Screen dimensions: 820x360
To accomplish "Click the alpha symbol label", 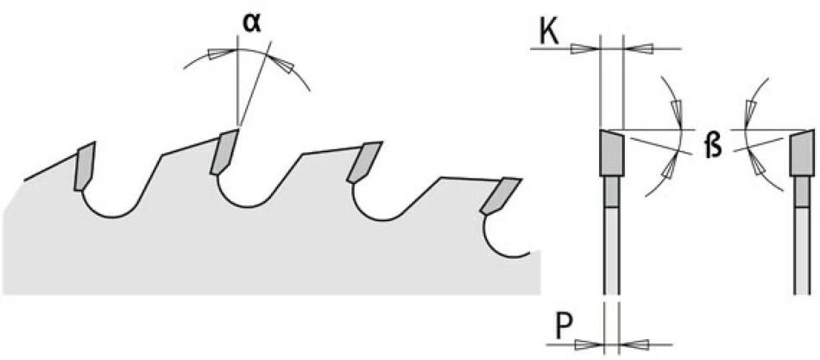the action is click(253, 24).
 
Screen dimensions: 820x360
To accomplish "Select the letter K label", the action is click(548, 35).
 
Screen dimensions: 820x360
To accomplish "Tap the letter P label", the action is click(564, 329).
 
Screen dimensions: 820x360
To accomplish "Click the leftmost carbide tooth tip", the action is click(85, 166).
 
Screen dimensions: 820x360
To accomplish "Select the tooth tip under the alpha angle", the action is click(224, 152).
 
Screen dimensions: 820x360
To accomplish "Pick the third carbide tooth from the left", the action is click(364, 161).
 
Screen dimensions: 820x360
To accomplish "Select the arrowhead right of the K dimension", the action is click(638, 49).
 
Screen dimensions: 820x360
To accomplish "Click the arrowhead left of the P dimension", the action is click(589, 344).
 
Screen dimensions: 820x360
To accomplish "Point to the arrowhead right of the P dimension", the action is click(634, 344).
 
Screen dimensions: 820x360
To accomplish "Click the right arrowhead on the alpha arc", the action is click(282, 65).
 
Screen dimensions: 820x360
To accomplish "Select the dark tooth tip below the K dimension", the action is click(611, 152).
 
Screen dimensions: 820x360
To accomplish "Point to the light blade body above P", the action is click(611, 250).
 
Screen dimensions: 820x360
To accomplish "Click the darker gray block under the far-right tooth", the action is click(802, 192).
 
